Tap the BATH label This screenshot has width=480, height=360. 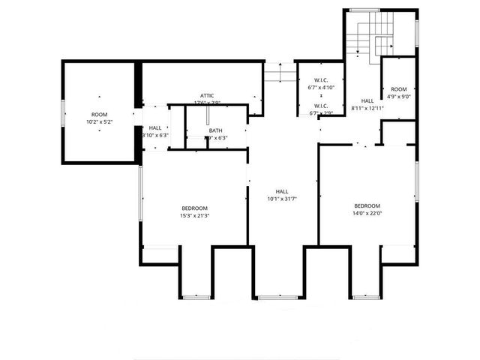point(216,130)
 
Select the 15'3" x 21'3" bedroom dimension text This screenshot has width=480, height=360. point(194,215)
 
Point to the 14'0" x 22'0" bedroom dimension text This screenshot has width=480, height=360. point(367,213)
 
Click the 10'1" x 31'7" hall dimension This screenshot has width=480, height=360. point(282,199)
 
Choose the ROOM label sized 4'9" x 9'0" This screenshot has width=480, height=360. point(399,88)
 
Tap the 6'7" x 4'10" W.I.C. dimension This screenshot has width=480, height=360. point(321,88)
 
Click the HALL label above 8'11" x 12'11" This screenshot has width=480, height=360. point(367,100)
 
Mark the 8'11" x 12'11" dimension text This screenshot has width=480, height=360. point(367,108)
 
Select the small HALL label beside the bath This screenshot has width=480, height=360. point(155,128)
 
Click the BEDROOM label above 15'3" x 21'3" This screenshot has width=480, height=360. point(194,208)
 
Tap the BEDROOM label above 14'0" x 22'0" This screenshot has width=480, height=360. point(367,205)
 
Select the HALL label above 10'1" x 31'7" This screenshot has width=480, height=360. point(282,191)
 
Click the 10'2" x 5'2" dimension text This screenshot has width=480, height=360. point(99,121)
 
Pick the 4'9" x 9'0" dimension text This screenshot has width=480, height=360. point(399,96)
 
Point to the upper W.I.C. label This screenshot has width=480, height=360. point(321,80)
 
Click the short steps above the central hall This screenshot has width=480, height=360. point(280,73)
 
